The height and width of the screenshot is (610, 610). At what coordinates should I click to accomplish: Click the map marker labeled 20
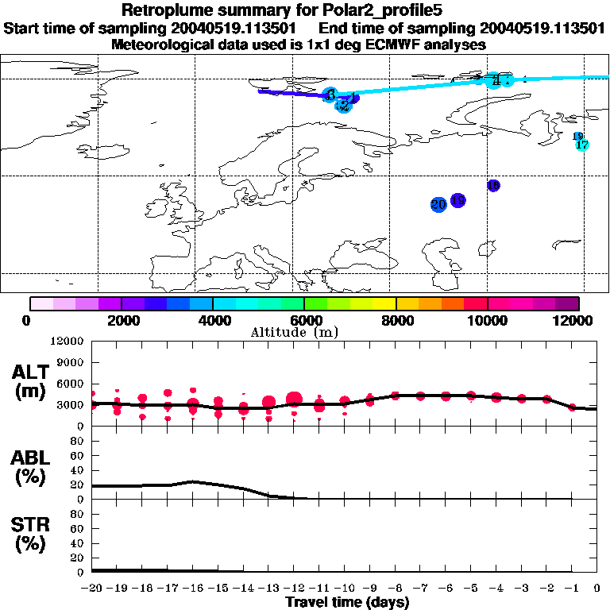point(438,205)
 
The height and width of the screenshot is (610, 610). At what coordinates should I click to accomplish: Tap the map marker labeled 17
point(582,145)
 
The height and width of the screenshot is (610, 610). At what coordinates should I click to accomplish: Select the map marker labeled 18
point(493,186)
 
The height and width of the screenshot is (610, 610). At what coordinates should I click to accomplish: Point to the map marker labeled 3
point(330,95)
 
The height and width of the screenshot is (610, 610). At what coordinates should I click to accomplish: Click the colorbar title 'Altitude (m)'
point(305,332)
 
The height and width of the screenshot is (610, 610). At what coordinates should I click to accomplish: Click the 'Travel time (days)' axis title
point(347,602)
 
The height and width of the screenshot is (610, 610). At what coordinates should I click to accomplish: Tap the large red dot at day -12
point(295,400)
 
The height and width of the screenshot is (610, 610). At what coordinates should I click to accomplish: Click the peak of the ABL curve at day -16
point(193,481)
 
